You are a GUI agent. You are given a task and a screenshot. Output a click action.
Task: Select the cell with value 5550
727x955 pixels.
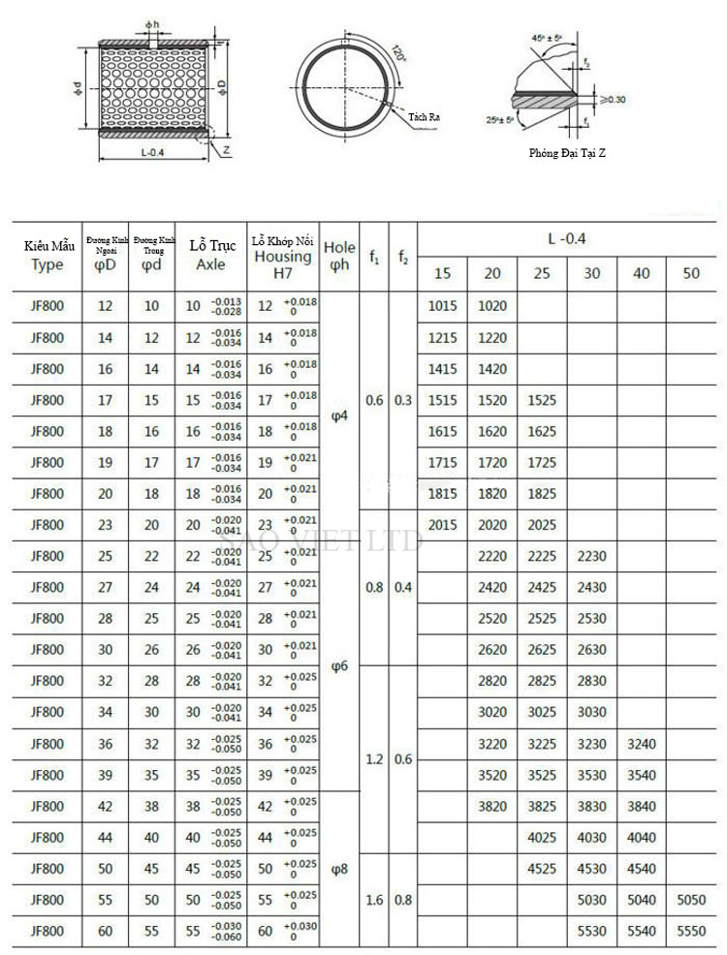click(690, 931)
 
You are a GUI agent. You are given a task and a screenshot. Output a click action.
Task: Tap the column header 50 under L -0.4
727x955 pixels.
click(690, 273)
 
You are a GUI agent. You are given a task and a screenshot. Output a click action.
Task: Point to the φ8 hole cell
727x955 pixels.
click(338, 869)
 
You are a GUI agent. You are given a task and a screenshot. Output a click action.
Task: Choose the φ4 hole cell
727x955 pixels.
click(338, 416)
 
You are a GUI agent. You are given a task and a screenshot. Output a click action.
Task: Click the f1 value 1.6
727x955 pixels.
click(374, 900)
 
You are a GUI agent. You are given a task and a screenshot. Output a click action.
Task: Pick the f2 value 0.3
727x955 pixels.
click(403, 400)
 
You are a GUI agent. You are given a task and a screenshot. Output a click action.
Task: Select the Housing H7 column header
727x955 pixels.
click(282, 257)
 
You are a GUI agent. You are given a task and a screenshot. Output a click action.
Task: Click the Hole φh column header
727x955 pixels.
click(338, 256)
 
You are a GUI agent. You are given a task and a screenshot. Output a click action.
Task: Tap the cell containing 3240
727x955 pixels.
click(641, 744)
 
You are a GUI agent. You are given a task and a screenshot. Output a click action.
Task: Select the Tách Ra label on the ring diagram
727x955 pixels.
click(425, 116)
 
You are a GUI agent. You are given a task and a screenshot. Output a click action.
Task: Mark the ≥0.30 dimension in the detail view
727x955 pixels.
click(612, 99)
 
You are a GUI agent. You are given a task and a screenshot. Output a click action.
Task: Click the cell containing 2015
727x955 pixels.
click(442, 525)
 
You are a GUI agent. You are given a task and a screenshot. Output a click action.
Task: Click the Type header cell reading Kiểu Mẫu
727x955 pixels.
click(47, 256)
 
